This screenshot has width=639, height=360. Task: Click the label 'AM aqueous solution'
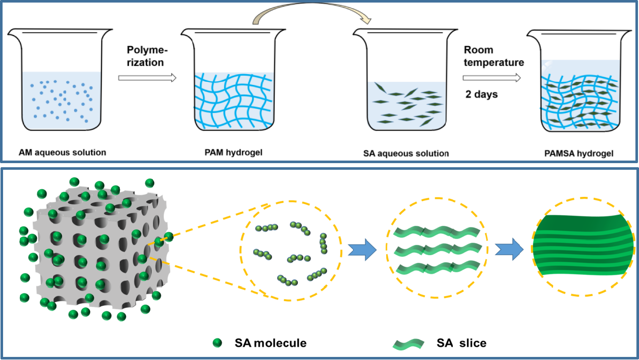[x=62, y=152]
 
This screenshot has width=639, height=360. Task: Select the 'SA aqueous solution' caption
[x=406, y=153]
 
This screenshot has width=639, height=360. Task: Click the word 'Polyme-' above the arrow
[x=147, y=51]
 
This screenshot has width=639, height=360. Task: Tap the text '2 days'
[x=481, y=95]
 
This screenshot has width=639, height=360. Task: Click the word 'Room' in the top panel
[x=478, y=50]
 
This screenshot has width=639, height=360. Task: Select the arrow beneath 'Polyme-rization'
[x=147, y=78]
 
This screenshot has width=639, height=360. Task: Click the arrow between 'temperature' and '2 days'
[x=492, y=78]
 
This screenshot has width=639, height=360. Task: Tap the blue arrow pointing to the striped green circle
[x=509, y=251]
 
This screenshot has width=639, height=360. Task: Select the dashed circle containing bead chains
[x=290, y=249]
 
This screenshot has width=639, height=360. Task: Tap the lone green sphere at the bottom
[x=217, y=343]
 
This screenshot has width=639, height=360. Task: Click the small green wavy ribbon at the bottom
[x=408, y=345]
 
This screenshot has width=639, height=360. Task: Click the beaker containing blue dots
[x=61, y=82]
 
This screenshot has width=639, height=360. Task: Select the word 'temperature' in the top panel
[x=494, y=62]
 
